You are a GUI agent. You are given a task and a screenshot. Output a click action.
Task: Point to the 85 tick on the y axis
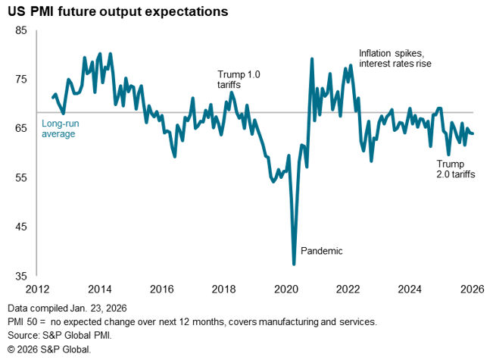(20, 30)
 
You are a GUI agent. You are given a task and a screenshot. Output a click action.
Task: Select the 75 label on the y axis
(20, 80)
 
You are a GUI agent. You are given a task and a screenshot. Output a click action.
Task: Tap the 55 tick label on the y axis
(20, 178)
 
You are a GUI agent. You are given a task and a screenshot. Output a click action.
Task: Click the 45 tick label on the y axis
(20, 227)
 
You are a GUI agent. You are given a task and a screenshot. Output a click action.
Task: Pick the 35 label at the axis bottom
(20, 276)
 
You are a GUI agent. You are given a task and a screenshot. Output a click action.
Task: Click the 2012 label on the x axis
(39, 289)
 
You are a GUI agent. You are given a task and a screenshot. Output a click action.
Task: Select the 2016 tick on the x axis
(163, 289)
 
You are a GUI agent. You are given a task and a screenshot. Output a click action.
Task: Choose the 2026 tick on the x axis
(472, 289)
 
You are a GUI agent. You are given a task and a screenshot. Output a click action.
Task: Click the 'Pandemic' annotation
(322, 251)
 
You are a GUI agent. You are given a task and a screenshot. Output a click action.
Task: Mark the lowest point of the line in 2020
(294, 264)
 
